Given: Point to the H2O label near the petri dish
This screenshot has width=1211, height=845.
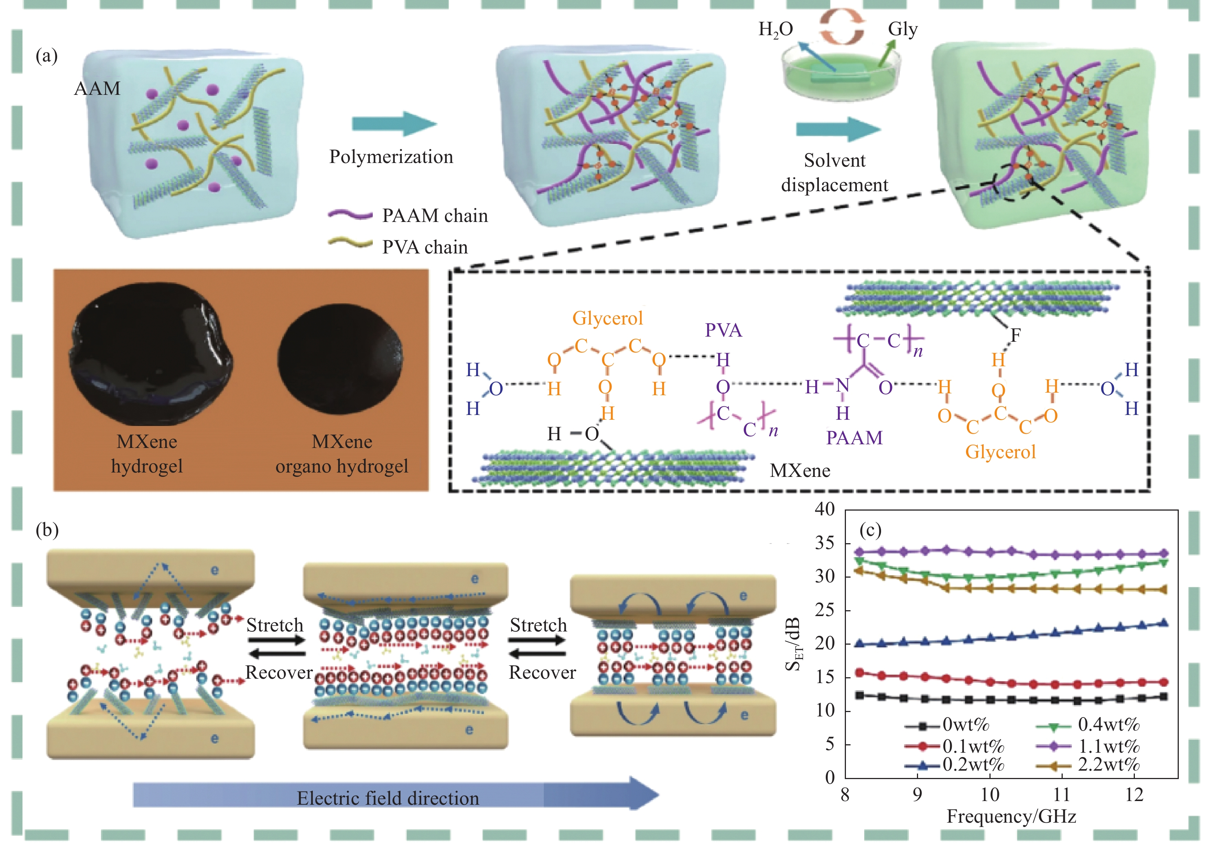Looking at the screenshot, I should coord(775,30).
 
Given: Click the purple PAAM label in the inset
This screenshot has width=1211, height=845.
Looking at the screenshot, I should coord(854,438).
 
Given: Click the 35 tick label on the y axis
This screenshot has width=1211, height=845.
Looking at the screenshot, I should coord(824,543).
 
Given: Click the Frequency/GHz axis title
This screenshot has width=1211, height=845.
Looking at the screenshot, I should coord(1011,816).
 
